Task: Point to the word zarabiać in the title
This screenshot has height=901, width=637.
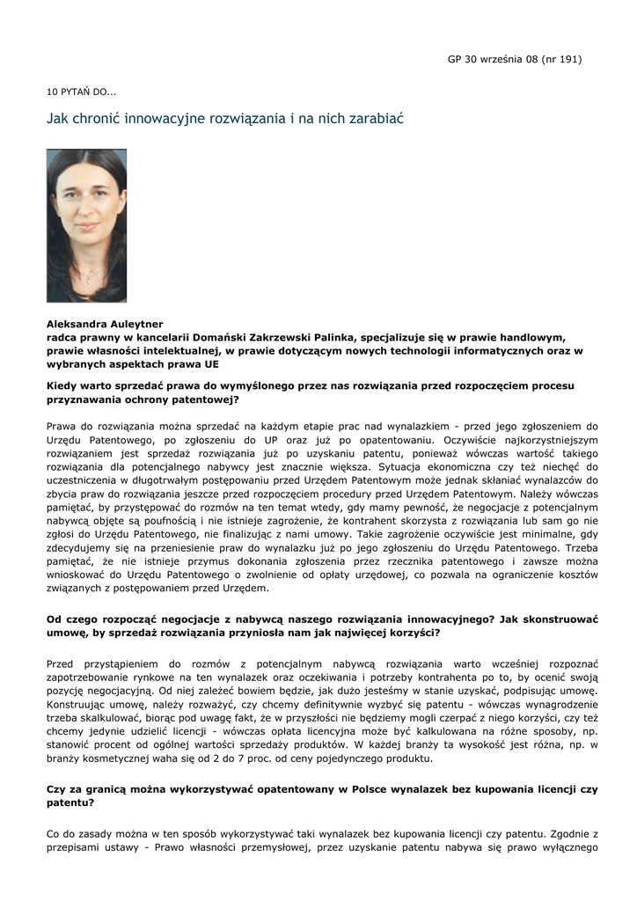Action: point(376,117)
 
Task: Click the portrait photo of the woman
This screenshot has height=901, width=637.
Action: point(86,226)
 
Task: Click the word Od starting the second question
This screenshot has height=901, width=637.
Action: point(55,619)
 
